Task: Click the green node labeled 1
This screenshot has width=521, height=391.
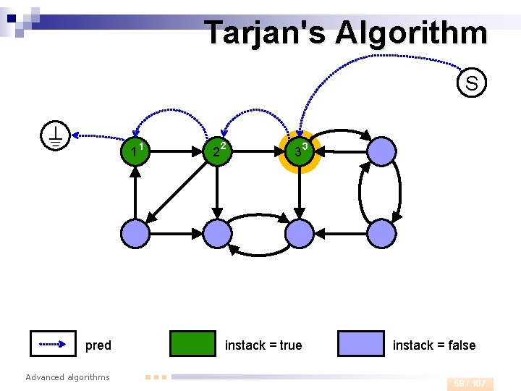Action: (x=135, y=151)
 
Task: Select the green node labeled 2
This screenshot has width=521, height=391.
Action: (x=217, y=151)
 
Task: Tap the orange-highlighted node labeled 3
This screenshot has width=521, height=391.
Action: (x=299, y=151)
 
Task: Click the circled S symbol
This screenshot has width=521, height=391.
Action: (x=471, y=83)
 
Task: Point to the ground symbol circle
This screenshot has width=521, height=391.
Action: (x=55, y=135)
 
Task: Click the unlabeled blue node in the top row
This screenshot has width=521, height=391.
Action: (x=381, y=151)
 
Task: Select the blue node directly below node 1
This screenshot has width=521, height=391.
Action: (x=135, y=233)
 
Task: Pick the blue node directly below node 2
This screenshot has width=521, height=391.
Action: (x=217, y=233)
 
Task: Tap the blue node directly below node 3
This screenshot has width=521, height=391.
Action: (x=299, y=233)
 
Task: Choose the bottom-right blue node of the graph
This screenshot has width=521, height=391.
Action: (x=381, y=233)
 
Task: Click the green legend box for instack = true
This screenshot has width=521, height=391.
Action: (x=192, y=344)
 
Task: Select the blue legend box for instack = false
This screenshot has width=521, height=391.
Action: (x=360, y=344)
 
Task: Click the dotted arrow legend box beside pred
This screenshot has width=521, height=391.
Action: (x=53, y=344)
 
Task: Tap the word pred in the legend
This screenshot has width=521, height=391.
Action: (x=98, y=345)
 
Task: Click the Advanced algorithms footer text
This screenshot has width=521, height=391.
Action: (x=67, y=377)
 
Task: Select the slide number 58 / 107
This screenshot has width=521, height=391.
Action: (x=470, y=384)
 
